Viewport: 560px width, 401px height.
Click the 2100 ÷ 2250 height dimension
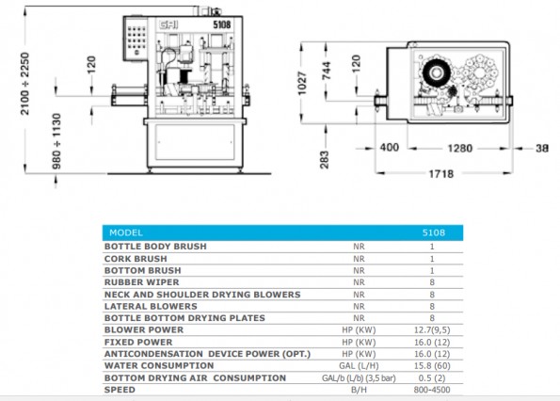click(24, 84)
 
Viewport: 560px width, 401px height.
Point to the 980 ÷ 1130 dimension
click(56, 141)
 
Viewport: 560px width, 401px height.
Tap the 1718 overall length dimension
click(440, 174)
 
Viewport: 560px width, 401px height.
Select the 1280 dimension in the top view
click(460, 148)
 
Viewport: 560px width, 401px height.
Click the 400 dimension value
click(390, 148)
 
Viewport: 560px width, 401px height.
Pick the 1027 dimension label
click(302, 84)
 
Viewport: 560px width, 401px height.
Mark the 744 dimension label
click(326, 71)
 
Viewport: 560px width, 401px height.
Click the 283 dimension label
click(324, 160)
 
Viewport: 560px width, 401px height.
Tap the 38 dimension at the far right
click(542, 148)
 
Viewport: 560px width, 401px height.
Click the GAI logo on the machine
click(168, 25)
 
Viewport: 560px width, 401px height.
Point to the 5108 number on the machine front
click(222, 24)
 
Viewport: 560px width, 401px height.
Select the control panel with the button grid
click(136, 39)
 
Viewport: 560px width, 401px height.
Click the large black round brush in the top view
click(436, 72)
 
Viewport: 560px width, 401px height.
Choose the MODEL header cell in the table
click(126, 233)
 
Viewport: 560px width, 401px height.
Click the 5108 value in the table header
click(434, 233)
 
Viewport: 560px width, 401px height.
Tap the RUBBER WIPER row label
click(142, 282)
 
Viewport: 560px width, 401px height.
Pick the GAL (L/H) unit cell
click(359, 366)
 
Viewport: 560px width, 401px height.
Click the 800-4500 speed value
click(432, 390)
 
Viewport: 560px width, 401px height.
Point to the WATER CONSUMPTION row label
click(159, 366)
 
